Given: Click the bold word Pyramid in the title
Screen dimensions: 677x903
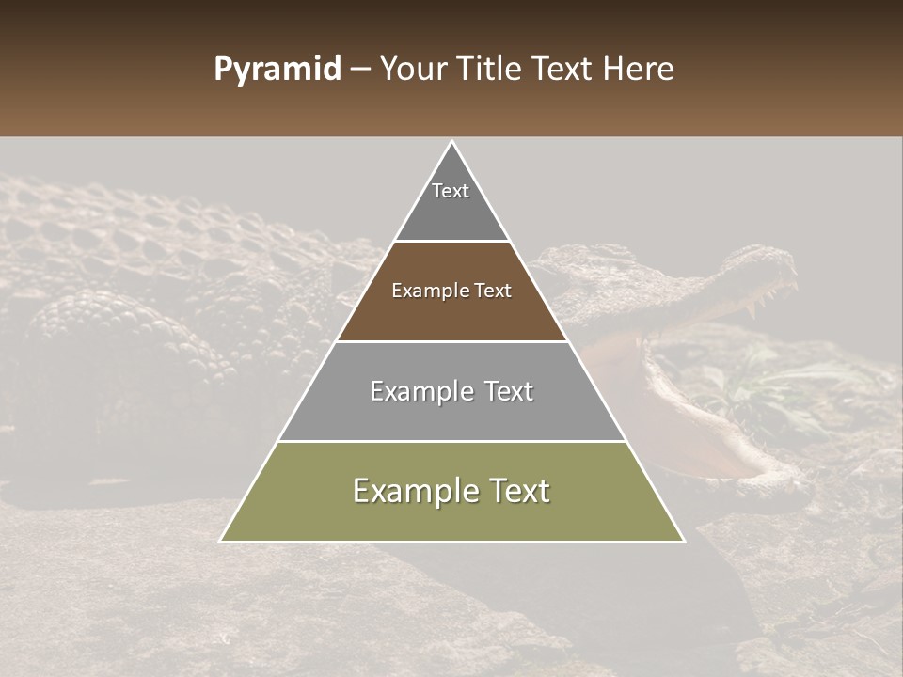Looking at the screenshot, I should pos(277,70).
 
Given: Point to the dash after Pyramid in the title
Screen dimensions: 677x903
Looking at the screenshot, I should pos(360,71).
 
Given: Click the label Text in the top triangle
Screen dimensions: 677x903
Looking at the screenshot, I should pos(451,191).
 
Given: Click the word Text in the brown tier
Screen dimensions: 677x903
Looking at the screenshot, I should pos(493,291).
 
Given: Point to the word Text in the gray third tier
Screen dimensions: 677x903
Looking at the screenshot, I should pos(509,391).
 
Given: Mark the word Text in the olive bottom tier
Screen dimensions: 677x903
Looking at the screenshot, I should pos(518,491).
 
